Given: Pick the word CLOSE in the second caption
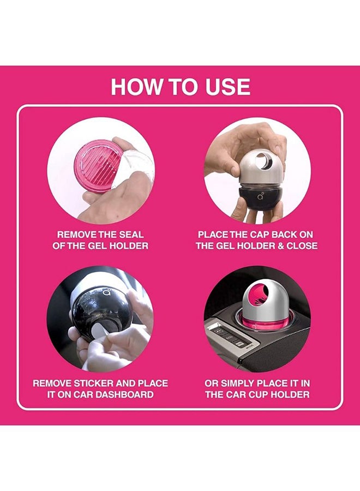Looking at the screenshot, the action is (302, 245).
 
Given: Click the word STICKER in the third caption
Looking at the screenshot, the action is (93, 384).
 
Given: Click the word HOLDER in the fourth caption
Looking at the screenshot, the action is (291, 394).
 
